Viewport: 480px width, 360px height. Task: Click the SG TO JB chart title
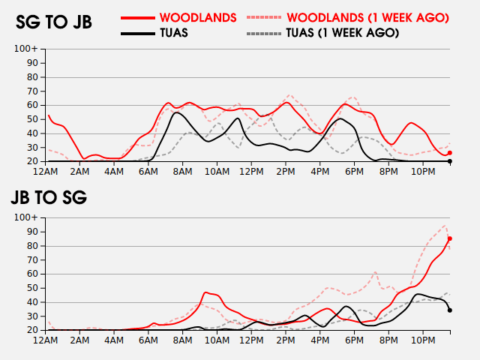coord(54,22)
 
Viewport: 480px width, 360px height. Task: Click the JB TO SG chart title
coord(49,197)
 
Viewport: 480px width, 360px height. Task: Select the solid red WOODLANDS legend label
coord(198,18)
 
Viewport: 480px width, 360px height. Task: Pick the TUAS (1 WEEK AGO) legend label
coord(343,33)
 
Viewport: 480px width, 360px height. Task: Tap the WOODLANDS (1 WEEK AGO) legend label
coord(368,18)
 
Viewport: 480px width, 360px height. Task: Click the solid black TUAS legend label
coord(174,33)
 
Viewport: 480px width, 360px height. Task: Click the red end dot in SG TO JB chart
coord(450,153)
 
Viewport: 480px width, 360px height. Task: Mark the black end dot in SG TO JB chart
coord(450,161)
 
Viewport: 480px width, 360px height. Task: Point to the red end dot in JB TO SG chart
coord(450,238)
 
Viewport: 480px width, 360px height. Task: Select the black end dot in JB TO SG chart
coord(450,310)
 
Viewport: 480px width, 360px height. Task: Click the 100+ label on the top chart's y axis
coord(26,48)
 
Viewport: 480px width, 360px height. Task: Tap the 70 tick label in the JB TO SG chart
coord(32,260)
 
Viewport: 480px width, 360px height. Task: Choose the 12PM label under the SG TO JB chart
coord(251,172)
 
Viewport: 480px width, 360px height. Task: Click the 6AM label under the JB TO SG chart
coord(148,340)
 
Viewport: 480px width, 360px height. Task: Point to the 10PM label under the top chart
coord(423,172)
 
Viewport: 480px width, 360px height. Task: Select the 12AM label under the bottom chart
coord(45,340)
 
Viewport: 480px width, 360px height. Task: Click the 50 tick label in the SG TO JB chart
coord(32,119)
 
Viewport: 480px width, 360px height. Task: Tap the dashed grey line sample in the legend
coord(263,33)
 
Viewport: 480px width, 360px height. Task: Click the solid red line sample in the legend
coord(138,18)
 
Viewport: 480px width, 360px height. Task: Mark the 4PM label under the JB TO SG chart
coord(320,340)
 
